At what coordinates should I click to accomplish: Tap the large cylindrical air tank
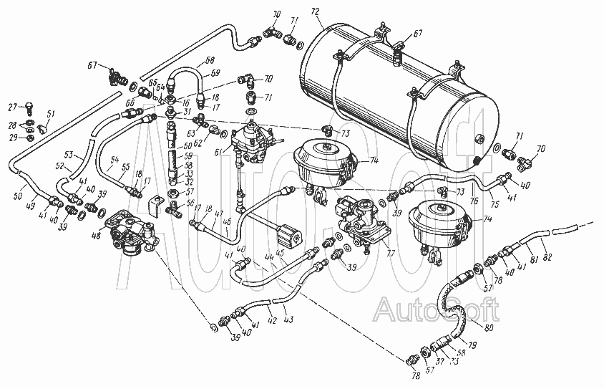point(401,93)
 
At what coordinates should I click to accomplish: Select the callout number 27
point(11,107)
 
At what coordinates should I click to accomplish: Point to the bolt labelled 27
point(26,108)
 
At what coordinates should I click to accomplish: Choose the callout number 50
point(19,195)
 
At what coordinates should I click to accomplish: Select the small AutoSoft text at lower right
point(437,309)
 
